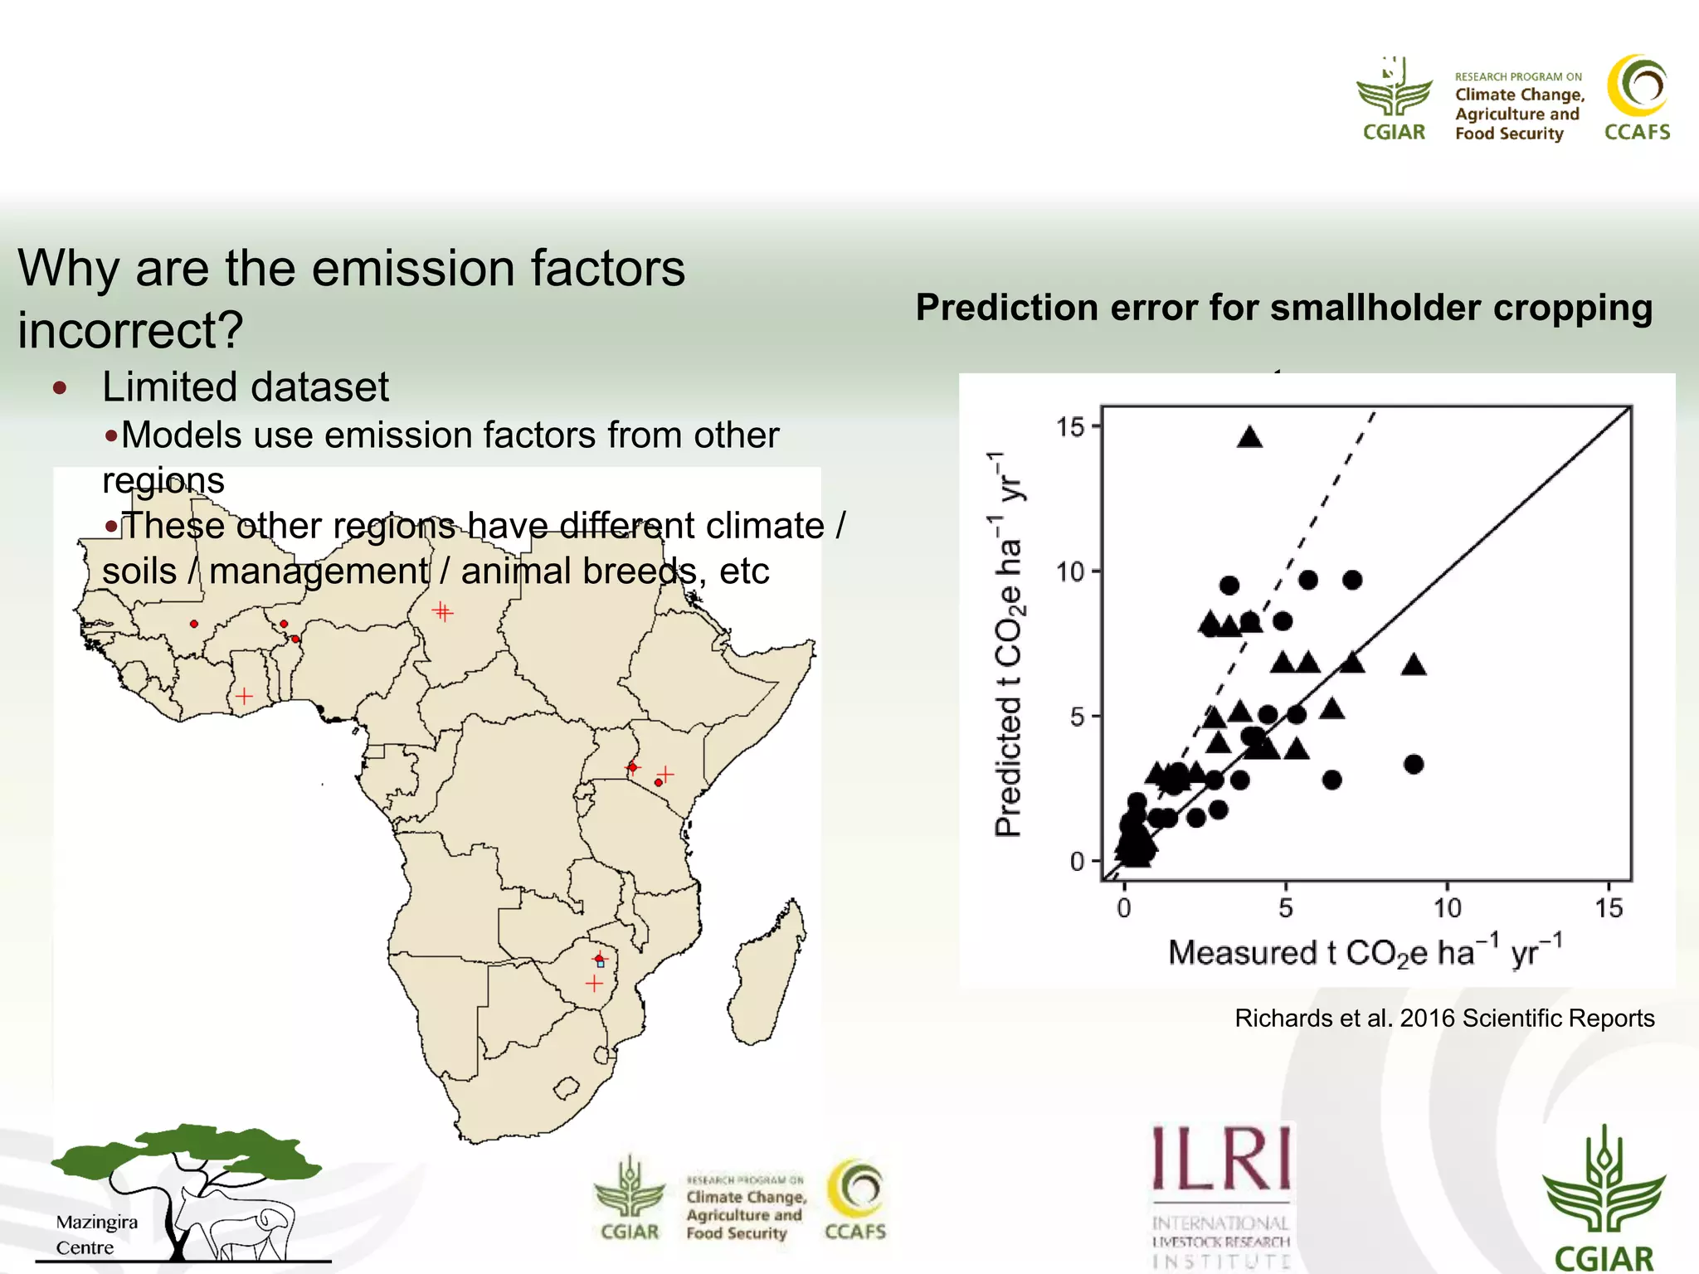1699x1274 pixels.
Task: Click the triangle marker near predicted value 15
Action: coord(1249,438)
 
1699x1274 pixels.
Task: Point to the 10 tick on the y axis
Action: coord(1070,571)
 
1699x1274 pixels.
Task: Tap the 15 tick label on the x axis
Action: coord(1609,908)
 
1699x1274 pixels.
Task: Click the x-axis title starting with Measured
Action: coord(1365,952)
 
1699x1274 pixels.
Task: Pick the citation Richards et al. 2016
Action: coord(1443,1018)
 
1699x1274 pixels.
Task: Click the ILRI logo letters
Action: coord(1221,1159)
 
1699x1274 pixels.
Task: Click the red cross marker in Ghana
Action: coord(244,696)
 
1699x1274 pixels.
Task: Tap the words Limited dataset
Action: coord(246,387)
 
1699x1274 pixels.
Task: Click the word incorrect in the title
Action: coord(130,330)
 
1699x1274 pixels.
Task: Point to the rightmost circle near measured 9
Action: coord(1414,764)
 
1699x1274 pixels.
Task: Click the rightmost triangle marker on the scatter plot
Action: coord(1414,664)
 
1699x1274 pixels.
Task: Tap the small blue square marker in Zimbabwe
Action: coord(601,964)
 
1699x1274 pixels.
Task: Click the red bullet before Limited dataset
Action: coord(60,387)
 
